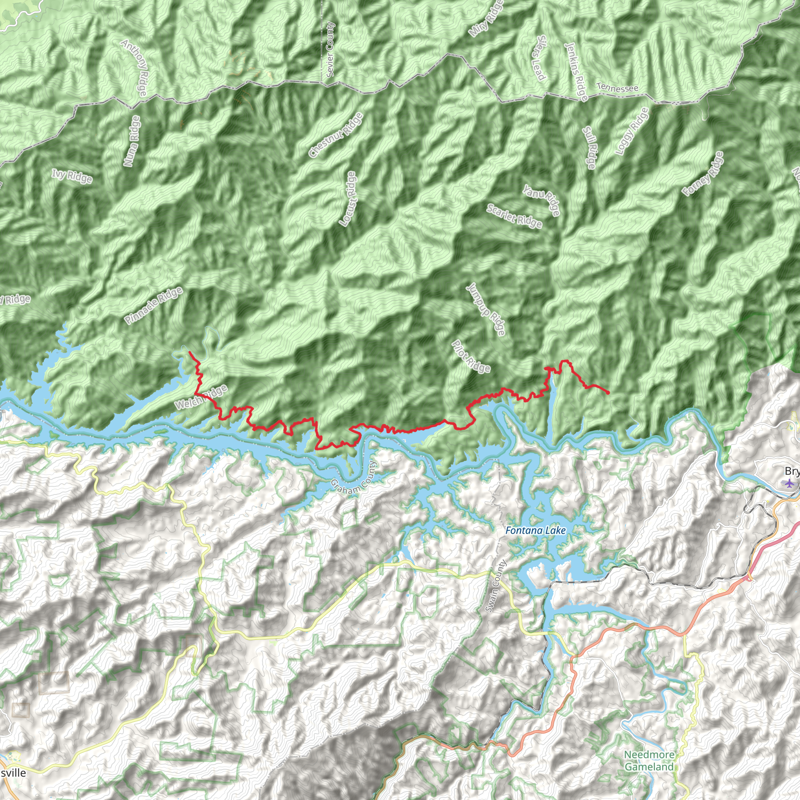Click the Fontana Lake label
(536, 530)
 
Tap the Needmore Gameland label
(649, 761)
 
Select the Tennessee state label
(617, 88)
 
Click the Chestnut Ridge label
(336, 135)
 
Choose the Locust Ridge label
(347, 199)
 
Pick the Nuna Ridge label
(132, 141)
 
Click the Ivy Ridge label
(72, 176)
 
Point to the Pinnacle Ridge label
(154, 305)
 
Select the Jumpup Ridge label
(486, 309)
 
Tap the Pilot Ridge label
(471, 356)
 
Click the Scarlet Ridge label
(514, 216)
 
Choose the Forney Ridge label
(703, 173)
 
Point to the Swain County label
(496, 586)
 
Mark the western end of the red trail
(189, 352)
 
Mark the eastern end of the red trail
(608, 393)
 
